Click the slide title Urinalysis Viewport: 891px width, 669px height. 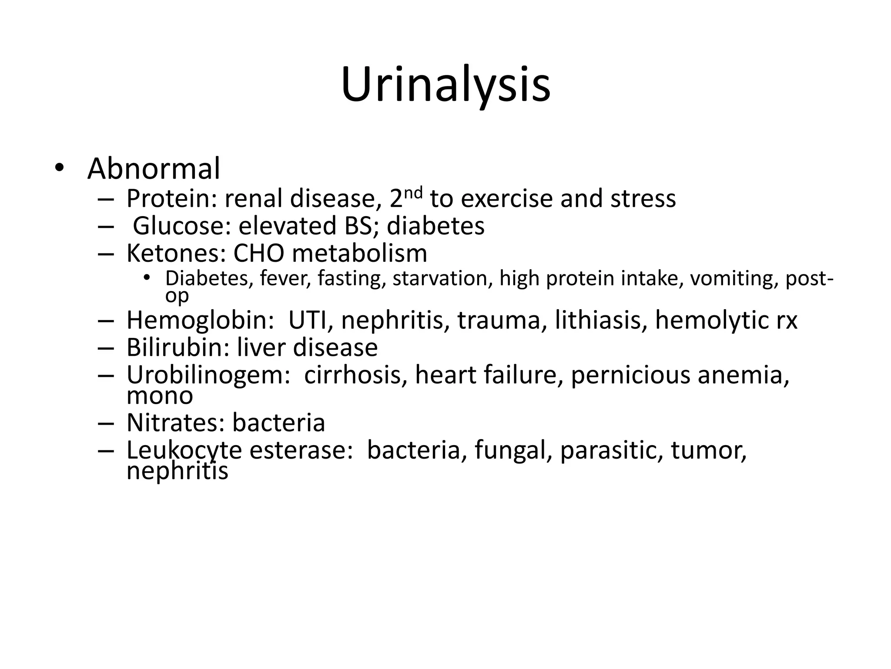click(x=445, y=85)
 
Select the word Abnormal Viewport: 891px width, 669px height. click(x=154, y=169)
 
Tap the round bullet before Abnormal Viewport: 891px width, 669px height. click(x=59, y=168)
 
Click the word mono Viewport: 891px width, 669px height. click(x=160, y=396)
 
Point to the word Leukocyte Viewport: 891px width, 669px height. click(x=184, y=450)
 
